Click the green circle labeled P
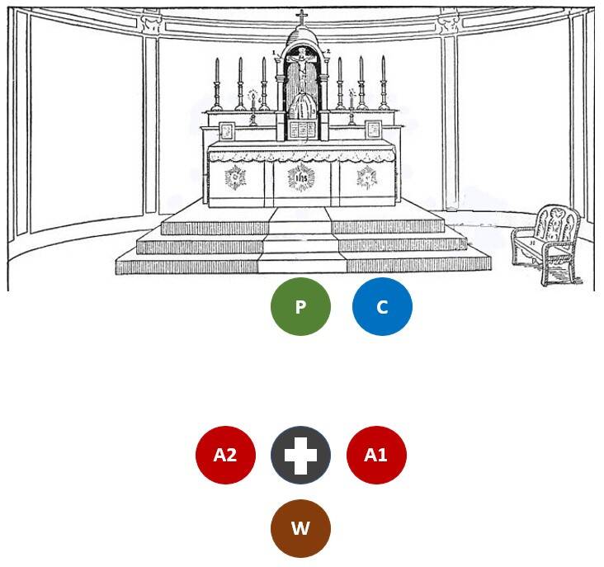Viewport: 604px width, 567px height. tap(300, 307)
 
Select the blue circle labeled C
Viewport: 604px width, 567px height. tap(382, 307)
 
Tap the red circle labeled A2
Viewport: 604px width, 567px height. tap(225, 455)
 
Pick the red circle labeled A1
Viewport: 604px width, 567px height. tap(376, 455)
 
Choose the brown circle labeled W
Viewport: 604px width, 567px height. tap(300, 528)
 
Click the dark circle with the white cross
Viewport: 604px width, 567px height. tap(300, 455)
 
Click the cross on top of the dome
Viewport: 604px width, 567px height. tap(301, 17)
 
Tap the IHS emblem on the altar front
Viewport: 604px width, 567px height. tap(301, 177)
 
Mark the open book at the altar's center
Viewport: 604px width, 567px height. tap(301, 130)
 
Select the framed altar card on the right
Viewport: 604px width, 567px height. tap(373, 130)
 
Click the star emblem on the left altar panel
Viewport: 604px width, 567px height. tap(237, 177)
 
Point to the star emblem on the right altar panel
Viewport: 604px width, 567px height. tap(366, 177)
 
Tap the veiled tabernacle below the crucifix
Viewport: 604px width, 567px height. tap(301, 106)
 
